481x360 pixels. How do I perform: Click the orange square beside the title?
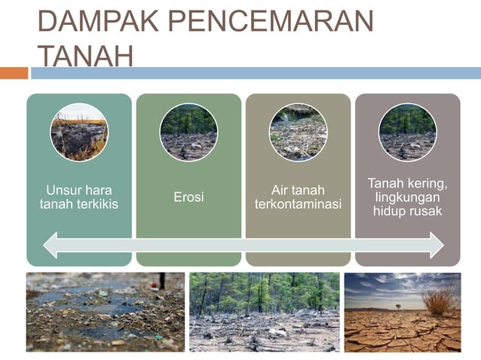14,73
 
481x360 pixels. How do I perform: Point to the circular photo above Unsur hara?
79,133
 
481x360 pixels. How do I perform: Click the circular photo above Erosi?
188,133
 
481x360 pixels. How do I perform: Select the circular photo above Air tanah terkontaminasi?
298,133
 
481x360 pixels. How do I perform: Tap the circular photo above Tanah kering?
407,133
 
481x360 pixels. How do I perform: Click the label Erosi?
188,197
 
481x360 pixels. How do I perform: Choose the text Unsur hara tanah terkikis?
79,197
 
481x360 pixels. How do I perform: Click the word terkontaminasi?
298,205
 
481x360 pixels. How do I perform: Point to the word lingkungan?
407,197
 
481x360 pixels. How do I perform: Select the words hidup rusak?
407,212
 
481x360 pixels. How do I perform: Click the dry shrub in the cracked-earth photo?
440,301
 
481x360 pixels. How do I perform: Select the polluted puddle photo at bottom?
106,312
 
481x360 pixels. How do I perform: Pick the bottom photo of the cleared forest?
264,312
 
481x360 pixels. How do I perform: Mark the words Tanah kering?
407,184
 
